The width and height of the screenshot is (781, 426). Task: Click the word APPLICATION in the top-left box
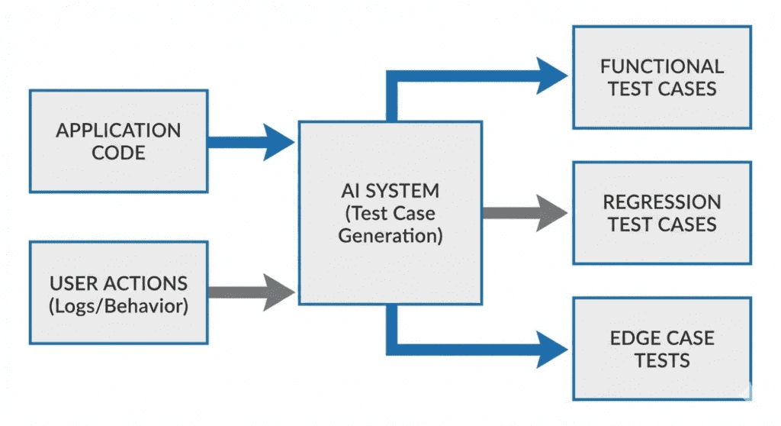pos(118,130)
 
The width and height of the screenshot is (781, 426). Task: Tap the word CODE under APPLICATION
pos(118,152)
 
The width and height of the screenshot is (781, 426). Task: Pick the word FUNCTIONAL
pos(662,66)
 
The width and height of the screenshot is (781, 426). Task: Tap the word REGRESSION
pos(662,202)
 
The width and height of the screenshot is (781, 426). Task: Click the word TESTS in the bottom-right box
pos(662,360)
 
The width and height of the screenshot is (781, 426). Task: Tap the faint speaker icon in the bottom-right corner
pos(744,391)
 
